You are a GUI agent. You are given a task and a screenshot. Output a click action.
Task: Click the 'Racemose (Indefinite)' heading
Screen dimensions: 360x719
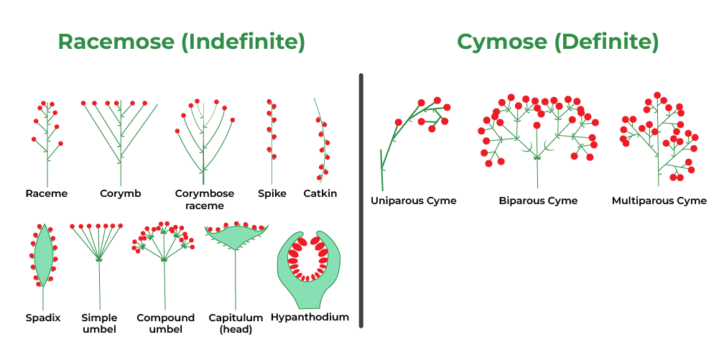point(181,42)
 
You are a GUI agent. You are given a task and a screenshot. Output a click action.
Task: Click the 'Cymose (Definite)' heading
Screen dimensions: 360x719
point(557,42)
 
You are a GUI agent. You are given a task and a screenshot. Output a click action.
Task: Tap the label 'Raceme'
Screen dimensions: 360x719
point(46,193)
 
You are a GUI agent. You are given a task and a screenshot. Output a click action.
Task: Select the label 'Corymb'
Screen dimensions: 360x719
point(121,193)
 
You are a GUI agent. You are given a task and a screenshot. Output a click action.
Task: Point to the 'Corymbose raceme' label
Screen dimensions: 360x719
point(205,199)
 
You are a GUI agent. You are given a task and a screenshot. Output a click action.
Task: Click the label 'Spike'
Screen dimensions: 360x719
point(272,193)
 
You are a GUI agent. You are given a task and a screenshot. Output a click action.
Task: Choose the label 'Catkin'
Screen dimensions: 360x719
point(320,193)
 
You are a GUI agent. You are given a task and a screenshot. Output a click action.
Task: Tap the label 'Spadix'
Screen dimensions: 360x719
point(43,317)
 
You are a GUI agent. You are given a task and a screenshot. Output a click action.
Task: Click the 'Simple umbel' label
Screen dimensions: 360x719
point(99,323)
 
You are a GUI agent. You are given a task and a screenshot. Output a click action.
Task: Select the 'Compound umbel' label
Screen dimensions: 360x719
point(165,323)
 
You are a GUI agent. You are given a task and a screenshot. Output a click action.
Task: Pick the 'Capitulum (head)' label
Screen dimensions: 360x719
point(236,323)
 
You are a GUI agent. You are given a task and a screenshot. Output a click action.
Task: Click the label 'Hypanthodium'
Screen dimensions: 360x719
point(310,317)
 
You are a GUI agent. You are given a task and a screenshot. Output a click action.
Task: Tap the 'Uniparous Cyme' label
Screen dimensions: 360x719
point(413,200)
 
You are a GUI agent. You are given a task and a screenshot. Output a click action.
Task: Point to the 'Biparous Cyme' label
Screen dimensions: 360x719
point(538,200)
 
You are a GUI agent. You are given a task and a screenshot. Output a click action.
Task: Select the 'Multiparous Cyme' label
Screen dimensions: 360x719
point(659,200)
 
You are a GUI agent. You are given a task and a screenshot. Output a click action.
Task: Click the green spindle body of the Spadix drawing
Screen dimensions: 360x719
point(43,255)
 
